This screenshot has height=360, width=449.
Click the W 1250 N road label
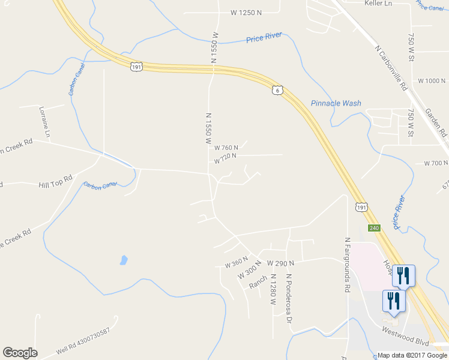247,12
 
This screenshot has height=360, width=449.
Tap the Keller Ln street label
378,4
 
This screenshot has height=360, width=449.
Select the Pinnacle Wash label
336,103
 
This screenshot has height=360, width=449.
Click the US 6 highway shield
276,90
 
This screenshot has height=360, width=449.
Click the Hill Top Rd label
55,178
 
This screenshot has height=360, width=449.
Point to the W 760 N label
226,148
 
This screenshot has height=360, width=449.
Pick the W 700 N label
436,163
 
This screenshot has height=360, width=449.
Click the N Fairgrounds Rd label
347,264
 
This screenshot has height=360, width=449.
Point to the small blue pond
123,260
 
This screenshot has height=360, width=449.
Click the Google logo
20,353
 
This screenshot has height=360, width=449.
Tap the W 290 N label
280,263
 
